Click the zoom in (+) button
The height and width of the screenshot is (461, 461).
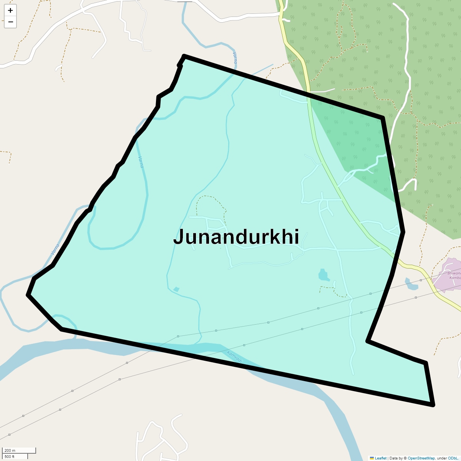coord(10,10)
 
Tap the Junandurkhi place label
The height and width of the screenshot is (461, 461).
coord(236,237)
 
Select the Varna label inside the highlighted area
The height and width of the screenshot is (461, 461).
coord(141,162)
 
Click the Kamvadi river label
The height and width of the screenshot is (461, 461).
coord(235,357)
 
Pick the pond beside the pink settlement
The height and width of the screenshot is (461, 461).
coord(411,284)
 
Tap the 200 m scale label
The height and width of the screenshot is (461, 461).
coord(10,450)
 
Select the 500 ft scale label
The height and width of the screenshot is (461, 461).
coord(10,456)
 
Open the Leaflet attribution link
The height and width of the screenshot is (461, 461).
coord(380,458)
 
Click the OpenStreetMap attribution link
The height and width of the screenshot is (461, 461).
coord(421,458)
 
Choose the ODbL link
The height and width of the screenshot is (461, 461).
coord(454,458)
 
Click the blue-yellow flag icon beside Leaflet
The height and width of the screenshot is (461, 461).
coord(372,458)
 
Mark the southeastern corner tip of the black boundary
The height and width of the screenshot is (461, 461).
coord(433,405)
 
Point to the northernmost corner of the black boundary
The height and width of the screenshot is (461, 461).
coord(184,56)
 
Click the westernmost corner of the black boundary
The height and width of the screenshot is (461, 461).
coord(28,295)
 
